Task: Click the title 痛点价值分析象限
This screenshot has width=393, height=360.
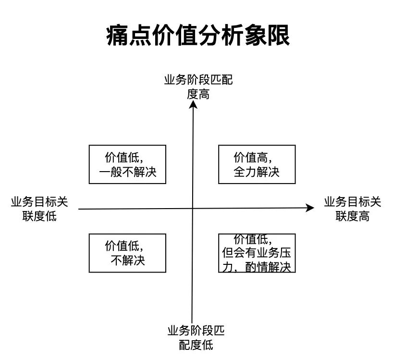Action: [198, 35]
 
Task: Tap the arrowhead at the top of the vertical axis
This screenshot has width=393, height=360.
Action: [193, 104]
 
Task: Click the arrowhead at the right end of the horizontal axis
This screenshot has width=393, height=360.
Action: [310, 208]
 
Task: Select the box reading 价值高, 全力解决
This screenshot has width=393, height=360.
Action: [257, 164]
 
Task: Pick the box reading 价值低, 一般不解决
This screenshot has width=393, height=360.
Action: [128, 164]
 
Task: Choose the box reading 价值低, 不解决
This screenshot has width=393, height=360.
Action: [128, 253]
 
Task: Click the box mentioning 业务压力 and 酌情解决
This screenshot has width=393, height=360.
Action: [257, 253]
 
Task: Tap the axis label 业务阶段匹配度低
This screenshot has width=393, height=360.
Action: [196, 338]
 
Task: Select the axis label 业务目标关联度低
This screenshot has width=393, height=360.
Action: [39, 209]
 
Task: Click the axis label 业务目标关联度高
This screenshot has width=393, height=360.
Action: [352, 209]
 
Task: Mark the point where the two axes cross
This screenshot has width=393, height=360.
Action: [193, 208]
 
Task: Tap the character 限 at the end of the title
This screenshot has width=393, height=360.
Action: [279, 35]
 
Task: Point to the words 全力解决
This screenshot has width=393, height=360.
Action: [257, 172]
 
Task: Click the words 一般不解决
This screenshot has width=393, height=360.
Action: [128, 172]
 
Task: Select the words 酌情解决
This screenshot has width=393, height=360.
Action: [268, 267]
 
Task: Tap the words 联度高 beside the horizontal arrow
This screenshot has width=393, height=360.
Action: [352, 216]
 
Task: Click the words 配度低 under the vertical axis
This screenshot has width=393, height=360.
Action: [196, 345]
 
